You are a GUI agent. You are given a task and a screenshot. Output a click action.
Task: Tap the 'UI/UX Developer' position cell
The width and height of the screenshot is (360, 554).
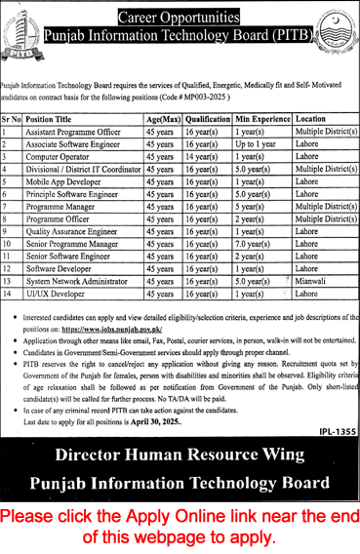[59, 293]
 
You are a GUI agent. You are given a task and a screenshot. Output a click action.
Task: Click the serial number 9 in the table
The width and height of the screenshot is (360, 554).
[7, 230]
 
